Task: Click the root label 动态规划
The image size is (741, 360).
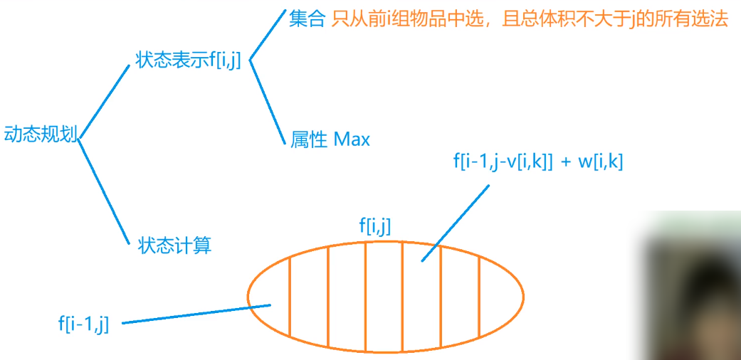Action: click(x=40, y=135)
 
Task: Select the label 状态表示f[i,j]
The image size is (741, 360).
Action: click(x=189, y=60)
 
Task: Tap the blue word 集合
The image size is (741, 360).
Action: click(x=307, y=19)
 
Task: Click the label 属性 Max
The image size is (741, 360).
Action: click(x=330, y=139)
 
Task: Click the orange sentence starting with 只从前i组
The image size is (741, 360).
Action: click(x=530, y=19)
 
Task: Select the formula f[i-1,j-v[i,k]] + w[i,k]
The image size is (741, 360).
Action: click(x=537, y=162)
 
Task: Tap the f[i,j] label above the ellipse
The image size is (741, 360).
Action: click(x=375, y=227)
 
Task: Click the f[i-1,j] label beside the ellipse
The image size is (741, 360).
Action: click(x=83, y=324)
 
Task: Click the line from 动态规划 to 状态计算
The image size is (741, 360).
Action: click(x=100, y=188)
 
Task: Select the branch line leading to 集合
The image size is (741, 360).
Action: click(x=267, y=36)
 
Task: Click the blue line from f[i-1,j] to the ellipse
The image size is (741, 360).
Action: click(x=196, y=314)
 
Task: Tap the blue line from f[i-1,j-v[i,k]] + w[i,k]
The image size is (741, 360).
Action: click(x=456, y=221)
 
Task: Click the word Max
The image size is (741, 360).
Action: click(x=352, y=139)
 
